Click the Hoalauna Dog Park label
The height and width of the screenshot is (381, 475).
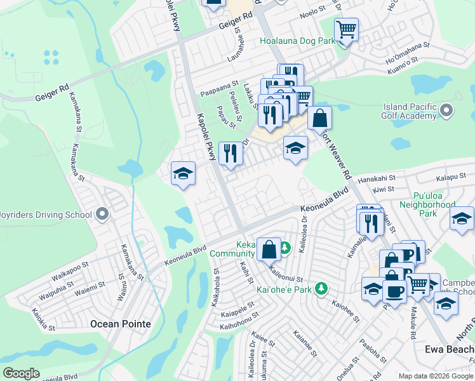click(x=297, y=41)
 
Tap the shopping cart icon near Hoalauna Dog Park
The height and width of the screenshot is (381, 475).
click(x=346, y=29)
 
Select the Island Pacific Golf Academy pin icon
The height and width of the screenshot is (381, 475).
click(x=446, y=111)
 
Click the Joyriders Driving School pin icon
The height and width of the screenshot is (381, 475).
click(x=102, y=215)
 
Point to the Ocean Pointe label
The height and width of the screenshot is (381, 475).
click(x=121, y=324)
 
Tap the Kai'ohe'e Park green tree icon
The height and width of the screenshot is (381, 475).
click(x=322, y=289)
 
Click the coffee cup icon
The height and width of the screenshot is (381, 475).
click(x=394, y=290)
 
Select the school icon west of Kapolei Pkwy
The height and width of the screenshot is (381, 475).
click(x=182, y=173)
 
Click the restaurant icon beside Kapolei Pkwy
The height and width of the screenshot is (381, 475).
click(x=230, y=153)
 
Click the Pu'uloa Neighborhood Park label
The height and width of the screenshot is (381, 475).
click(x=427, y=204)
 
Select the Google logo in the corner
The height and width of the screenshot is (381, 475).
click(x=21, y=373)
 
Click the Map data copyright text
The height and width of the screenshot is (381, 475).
click(x=436, y=377)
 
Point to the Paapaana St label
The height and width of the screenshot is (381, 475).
click(x=219, y=84)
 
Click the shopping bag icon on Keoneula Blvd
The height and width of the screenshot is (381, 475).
click(x=269, y=248)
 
